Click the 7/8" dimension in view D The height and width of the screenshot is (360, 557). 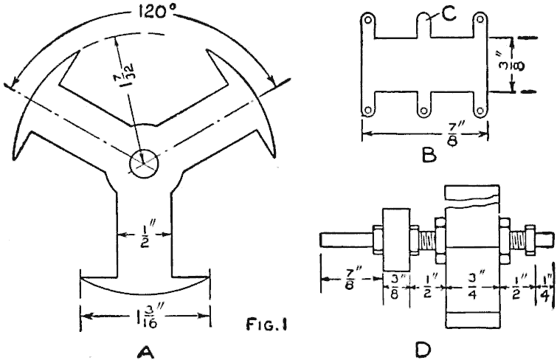tap(350, 283)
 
